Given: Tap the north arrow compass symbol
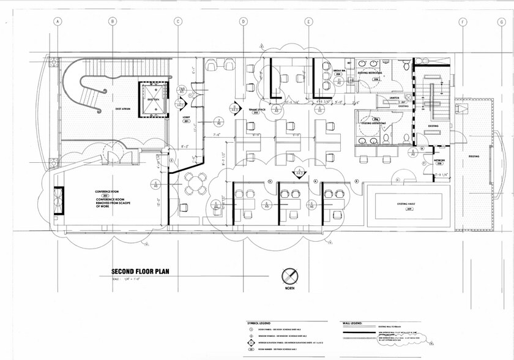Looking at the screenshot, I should [289, 275].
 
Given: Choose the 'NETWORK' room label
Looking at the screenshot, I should [439, 161].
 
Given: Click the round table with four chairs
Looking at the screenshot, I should [196, 181].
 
